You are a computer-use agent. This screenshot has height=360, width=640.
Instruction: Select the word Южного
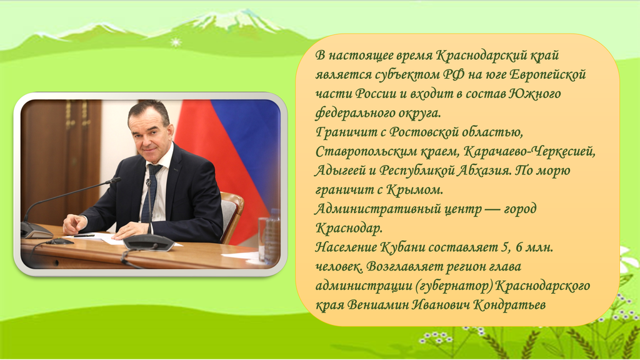[535, 94]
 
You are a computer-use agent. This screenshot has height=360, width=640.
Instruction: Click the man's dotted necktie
[149, 192]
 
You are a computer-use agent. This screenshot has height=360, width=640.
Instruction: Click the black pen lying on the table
[84, 236]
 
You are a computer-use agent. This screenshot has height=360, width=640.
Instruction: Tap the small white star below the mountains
[176, 42]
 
